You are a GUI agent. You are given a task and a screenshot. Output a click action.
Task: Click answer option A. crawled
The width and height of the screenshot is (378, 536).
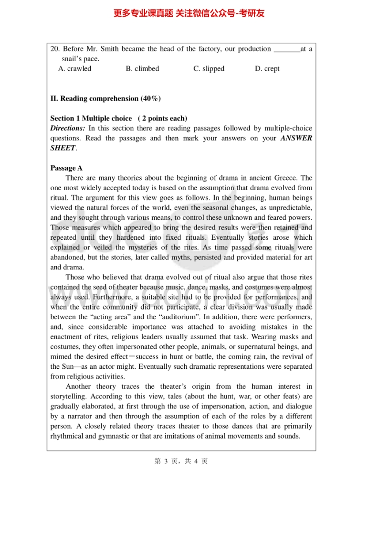coord(74,69)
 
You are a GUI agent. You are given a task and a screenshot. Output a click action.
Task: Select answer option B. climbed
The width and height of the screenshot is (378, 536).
coord(142,69)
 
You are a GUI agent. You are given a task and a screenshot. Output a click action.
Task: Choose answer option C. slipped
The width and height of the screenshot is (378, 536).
coord(209,69)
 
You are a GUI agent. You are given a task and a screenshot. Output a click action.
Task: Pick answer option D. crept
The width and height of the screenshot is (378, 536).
coord(267,69)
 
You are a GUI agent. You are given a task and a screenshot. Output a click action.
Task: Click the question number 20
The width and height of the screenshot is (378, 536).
coord(54,49)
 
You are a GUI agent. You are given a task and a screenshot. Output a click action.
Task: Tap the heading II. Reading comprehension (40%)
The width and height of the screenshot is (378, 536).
coord(105,99)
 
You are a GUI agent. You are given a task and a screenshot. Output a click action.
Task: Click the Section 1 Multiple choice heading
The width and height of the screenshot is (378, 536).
coord(91,118)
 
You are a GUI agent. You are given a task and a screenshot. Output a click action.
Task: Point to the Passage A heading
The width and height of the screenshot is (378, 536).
coord(66,168)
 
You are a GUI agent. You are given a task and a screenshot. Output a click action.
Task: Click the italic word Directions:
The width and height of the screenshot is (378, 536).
coord(68,129)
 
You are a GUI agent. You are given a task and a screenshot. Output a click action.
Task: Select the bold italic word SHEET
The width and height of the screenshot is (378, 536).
coord(63,148)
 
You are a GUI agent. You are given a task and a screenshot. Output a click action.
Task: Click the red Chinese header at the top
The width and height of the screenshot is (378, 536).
coord(189,13)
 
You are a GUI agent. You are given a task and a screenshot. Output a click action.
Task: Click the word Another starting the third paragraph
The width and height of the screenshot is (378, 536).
coord(78,386)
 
